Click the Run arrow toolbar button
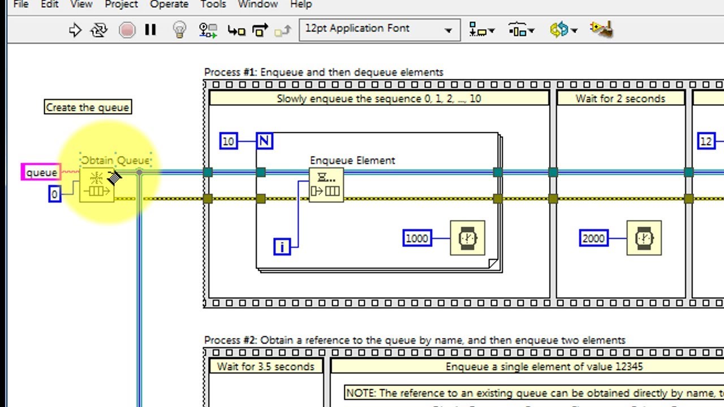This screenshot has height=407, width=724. tap(75, 30)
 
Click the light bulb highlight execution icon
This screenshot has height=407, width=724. tap(179, 29)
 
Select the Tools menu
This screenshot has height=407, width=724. tap(213, 5)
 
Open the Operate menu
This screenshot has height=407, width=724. tap(169, 5)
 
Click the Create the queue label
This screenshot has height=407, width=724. tap(88, 107)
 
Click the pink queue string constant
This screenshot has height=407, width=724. tap(41, 172)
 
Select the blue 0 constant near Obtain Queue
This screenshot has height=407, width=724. tap(54, 194)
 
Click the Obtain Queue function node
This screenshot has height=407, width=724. tap(97, 185)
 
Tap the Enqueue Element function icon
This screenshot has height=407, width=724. tap(326, 185)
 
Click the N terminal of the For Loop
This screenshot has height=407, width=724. tap(264, 141)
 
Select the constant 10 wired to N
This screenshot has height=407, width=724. tap(228, 141)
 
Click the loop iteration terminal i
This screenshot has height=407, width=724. tap(282, 246)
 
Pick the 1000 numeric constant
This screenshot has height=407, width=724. tap(417, 239)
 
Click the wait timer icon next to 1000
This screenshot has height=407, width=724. tap(467, 238)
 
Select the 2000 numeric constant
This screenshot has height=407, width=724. tap(593, 239)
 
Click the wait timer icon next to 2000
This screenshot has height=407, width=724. tap(644, 238)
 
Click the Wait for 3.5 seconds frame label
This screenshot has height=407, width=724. tap(266, 366)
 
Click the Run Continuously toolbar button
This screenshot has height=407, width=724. tap(99, 30)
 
